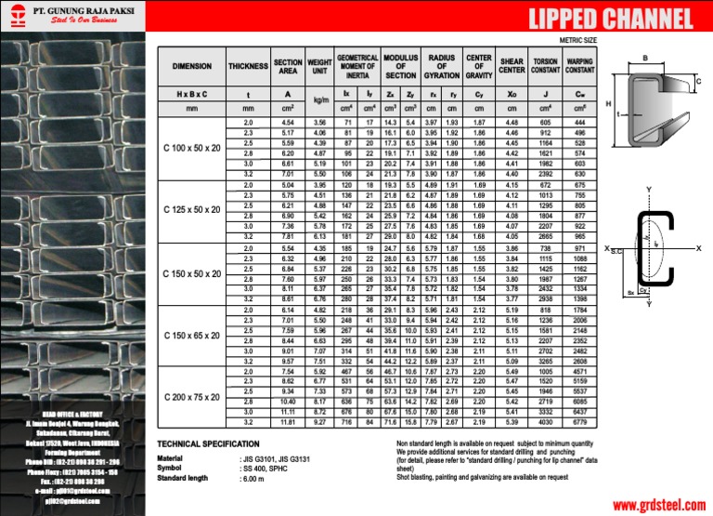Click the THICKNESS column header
tap(248, 67)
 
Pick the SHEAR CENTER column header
tap(512, 67)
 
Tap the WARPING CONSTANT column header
tap(580, 67)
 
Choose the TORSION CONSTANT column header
tap(546, 67)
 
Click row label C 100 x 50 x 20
tap(192, 148)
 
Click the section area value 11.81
tap(288, 422)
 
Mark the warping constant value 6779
tap(580, 422)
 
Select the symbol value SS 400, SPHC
tap(270, 469)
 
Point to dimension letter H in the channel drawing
tap(608, 104)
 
